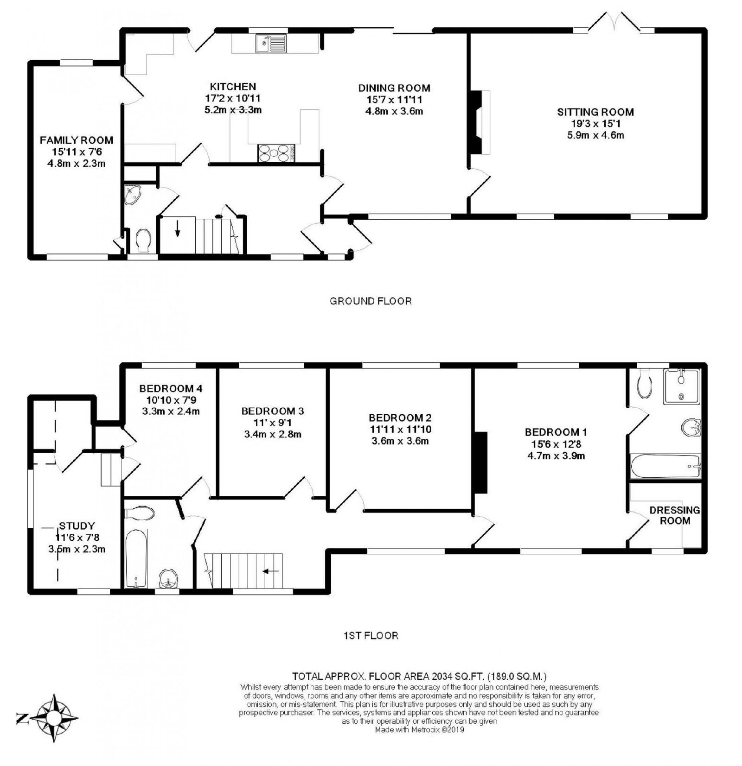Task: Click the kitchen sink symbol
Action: click(271, 43)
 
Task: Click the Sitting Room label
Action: click(595, 112)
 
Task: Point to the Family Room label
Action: click(77, 140)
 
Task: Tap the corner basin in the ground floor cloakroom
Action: click(134, 195)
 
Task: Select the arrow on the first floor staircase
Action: click(270, 571)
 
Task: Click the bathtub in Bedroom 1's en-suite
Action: click(665, 466)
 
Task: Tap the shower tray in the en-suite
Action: click(681, 386)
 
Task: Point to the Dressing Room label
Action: click(675, 515)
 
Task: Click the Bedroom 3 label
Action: click(273, 411)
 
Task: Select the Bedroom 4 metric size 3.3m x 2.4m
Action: click(170, 411)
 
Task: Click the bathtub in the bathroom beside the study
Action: click(137, 558)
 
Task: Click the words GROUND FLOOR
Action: click(371, 301)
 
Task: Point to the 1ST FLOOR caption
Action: click(371, 635)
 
